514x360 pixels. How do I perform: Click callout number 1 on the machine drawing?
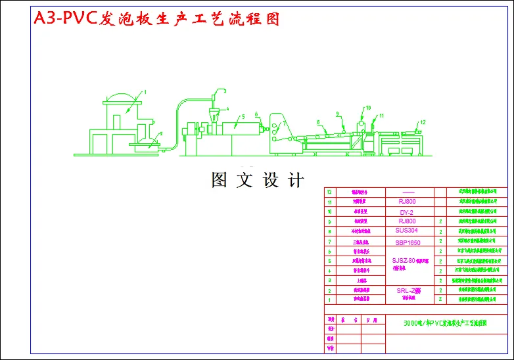pos(146,91)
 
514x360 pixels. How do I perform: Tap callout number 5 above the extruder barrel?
pos(243,116)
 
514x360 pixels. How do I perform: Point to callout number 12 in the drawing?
pos(423,122)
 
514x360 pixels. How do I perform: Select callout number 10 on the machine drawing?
pos(368,107)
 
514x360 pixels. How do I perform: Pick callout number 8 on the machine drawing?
pos(317,122)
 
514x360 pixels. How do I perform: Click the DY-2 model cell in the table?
pos(406,213)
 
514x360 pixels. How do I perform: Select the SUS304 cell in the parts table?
pos(406,231)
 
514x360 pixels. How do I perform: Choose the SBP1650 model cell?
pos(408,242)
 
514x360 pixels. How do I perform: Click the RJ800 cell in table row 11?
pos(407,202)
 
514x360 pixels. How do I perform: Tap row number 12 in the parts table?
pos(329,193)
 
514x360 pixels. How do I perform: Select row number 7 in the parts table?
pos(329,242)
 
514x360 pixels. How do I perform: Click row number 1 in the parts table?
pos(329,300)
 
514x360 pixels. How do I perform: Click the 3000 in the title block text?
pos(413,323)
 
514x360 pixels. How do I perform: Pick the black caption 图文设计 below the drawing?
pos(257,180)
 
